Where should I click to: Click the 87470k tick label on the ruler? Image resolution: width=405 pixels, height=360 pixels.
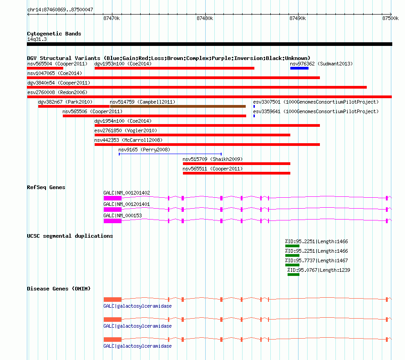point(111,18)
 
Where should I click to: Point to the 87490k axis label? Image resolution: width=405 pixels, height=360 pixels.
point(298,18)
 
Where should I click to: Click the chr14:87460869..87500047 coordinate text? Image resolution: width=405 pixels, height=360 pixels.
point(60,10)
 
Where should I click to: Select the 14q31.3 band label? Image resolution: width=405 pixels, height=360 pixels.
point(37,39)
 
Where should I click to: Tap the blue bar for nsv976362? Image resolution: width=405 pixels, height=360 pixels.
point(299,68)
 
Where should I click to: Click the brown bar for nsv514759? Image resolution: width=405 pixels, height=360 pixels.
point(178,106)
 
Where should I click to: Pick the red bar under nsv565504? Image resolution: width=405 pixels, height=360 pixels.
point(45,68)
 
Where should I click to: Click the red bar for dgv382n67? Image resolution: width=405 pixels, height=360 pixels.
point(74,106)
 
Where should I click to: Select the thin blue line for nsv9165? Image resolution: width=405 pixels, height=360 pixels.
point(170,154)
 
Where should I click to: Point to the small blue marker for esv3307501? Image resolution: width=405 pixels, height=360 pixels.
point(254,106)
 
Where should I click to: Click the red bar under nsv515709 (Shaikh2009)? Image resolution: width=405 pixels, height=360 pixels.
point(237,164)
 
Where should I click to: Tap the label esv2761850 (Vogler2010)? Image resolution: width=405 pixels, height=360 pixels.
point(126,130)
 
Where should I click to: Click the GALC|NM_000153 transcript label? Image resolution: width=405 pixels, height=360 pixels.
point(122,215)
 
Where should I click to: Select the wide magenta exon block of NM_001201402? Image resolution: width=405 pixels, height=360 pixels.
point(112,198)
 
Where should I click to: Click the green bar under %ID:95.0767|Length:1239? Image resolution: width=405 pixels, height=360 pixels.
point(294,275)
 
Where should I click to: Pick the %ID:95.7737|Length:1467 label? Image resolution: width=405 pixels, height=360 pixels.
point(316,260)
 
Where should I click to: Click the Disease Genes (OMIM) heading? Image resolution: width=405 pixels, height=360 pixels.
point(59,289)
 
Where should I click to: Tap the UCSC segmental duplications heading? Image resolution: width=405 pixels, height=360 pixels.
point(70,236)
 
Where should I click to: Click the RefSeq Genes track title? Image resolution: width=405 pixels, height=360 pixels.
point(46,187)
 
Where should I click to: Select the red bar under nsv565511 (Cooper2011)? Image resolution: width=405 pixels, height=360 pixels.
point(237,173)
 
